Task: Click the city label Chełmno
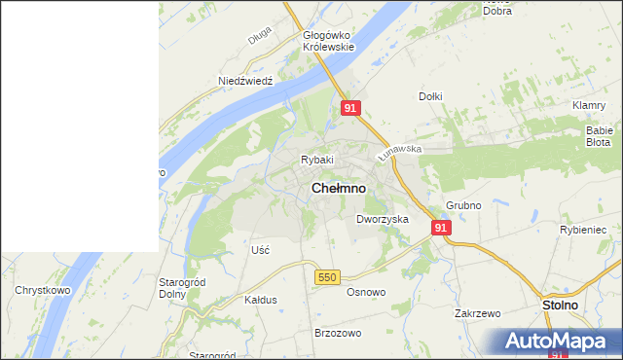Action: tap(339, 187)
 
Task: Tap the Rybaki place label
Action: tap(317, 160)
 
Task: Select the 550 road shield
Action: tap(326, 277)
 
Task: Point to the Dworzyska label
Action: tap(382, 220)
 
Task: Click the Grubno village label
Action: tap(464, 206)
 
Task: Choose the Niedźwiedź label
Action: tap(244, 81)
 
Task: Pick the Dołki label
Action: tap(430, 96)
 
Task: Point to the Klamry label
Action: tap(590, 105)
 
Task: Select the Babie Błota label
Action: tap(598, 135)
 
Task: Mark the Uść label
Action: tap(260, 250)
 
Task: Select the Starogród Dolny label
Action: tap(179, 288)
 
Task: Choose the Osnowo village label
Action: tap(367, 292)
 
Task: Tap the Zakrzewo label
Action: tap(477, 314)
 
